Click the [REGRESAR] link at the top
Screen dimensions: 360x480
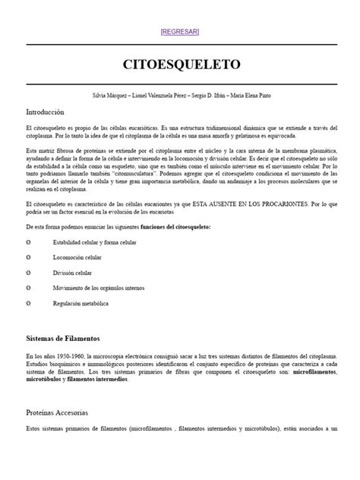180,31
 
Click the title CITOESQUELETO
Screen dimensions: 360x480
180,64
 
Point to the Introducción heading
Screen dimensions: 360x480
46,112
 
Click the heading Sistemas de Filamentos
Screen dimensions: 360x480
63,338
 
